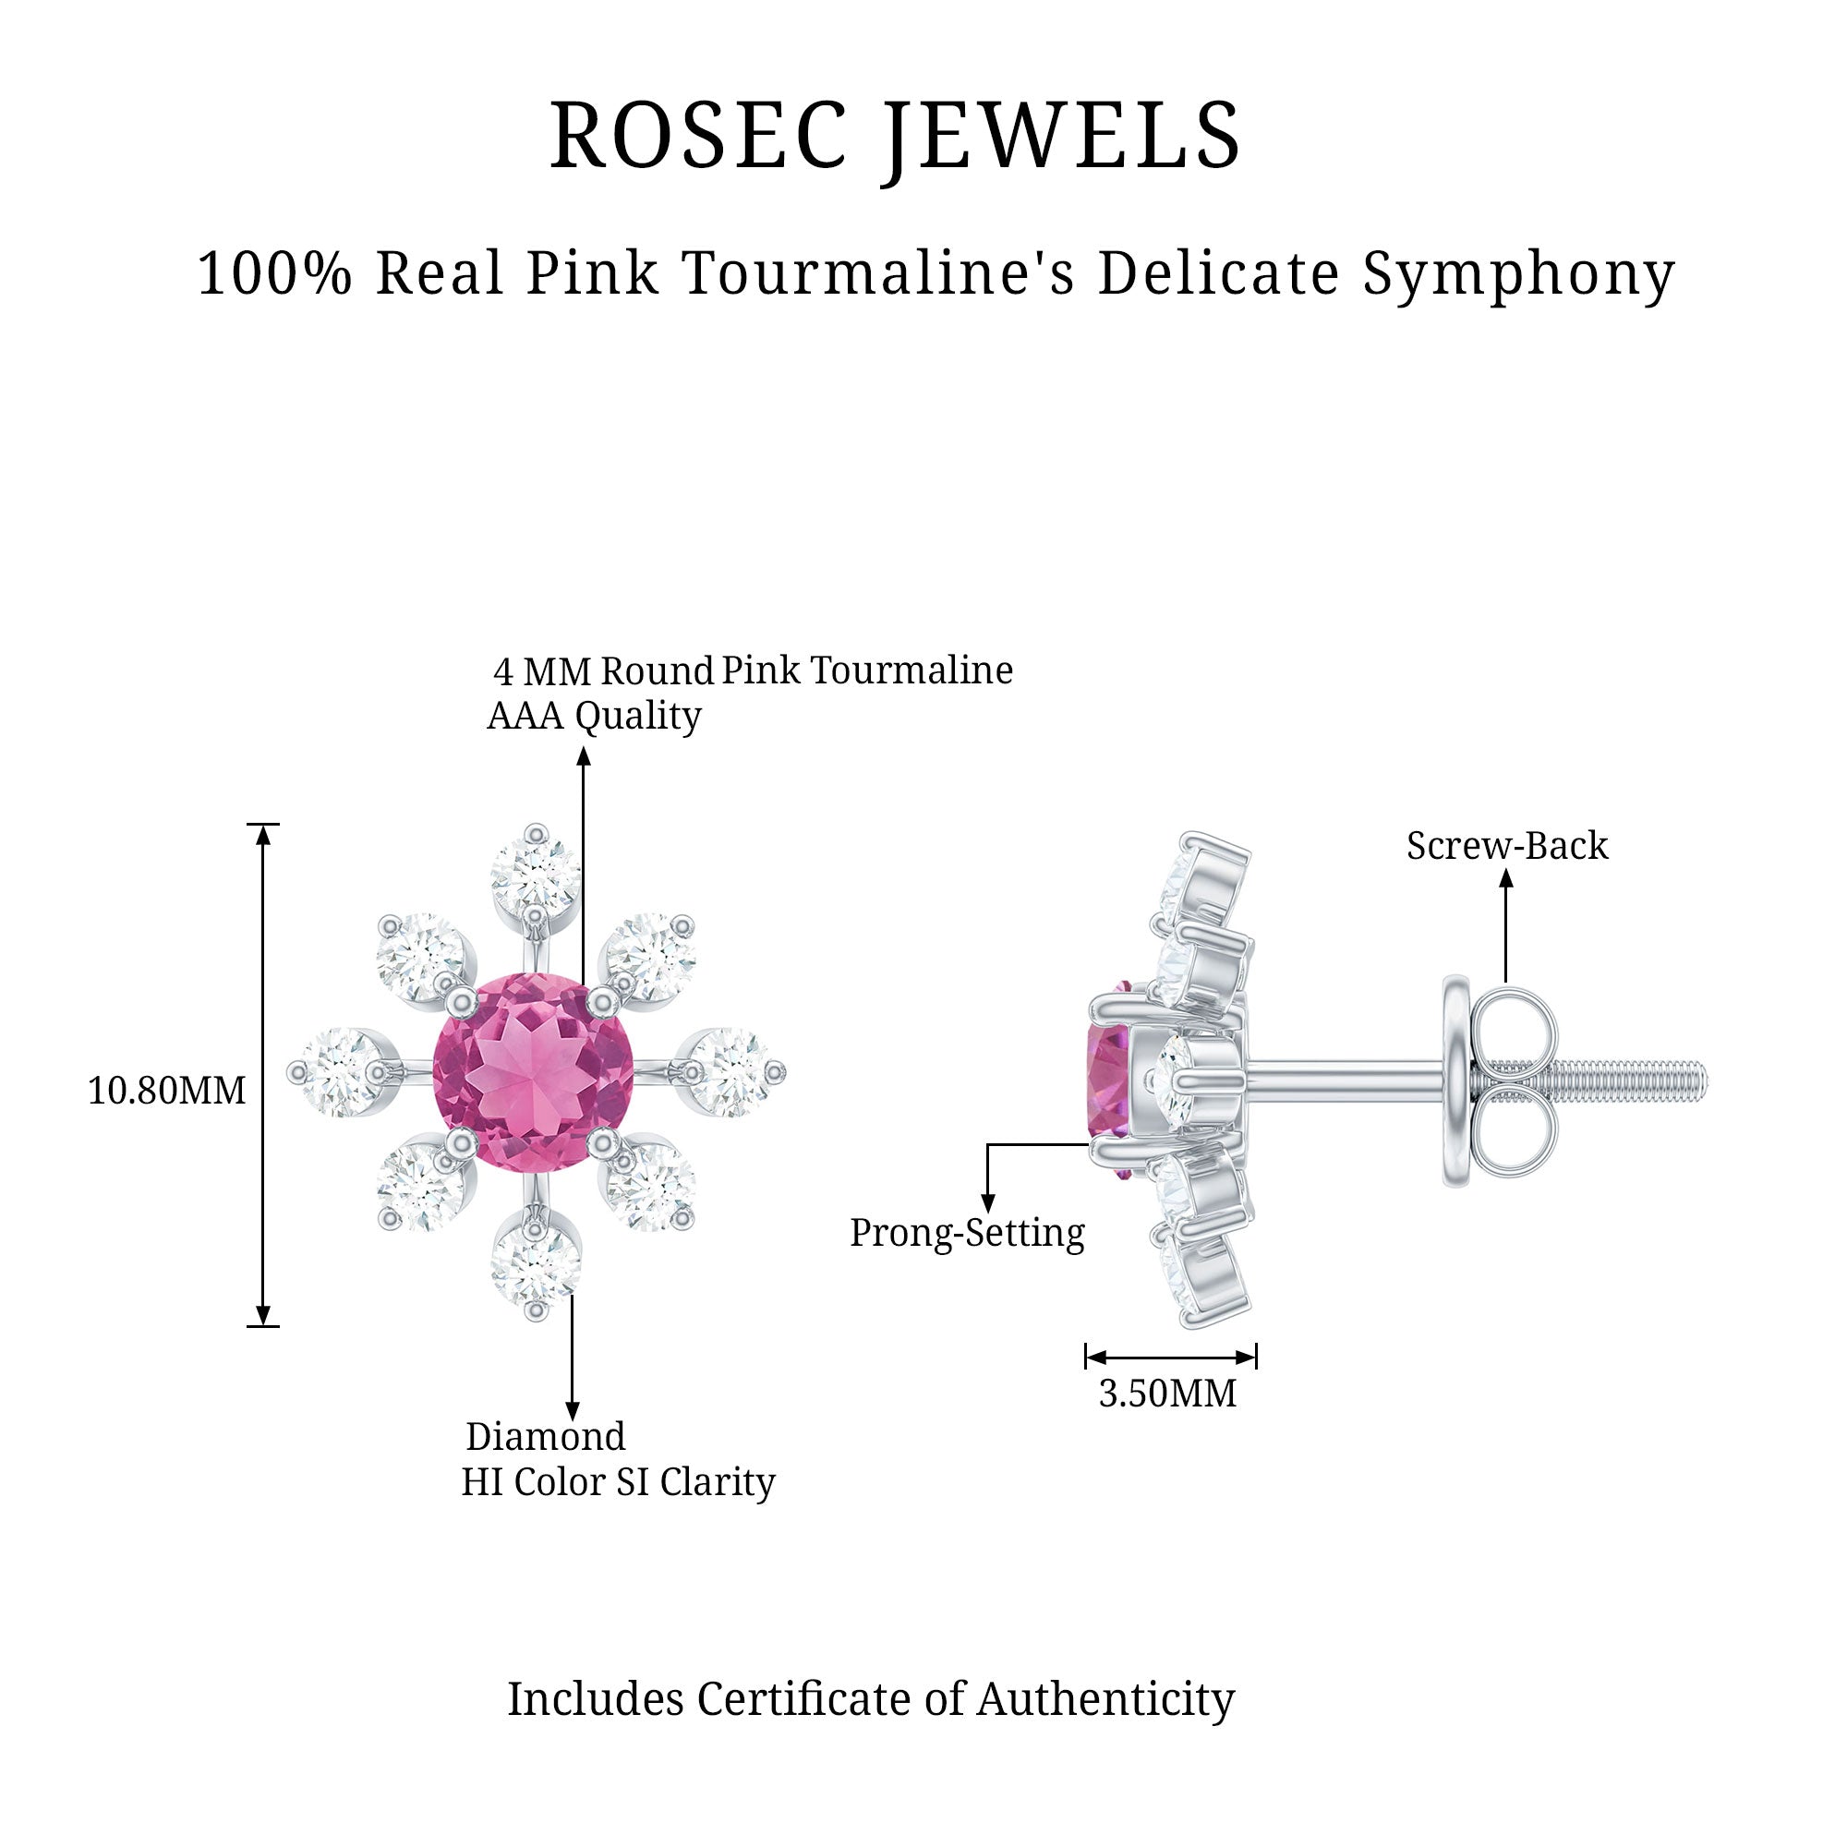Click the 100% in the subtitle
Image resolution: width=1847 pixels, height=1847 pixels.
coord(274,273)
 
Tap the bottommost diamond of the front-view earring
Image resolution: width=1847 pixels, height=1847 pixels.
coord(535,1266)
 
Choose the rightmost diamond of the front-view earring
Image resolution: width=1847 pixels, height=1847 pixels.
coord(731,1071)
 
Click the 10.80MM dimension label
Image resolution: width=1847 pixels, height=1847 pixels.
coord(166,1091)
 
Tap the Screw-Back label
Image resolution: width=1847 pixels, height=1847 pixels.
coord(1506,846)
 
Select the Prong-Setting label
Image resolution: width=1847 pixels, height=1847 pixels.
coord(967,1233)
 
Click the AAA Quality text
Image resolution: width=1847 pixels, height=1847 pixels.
coord(594,716)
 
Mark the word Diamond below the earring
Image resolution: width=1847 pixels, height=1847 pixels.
coord(545,1437)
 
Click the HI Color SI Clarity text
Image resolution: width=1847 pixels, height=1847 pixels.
coord(618,1483)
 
